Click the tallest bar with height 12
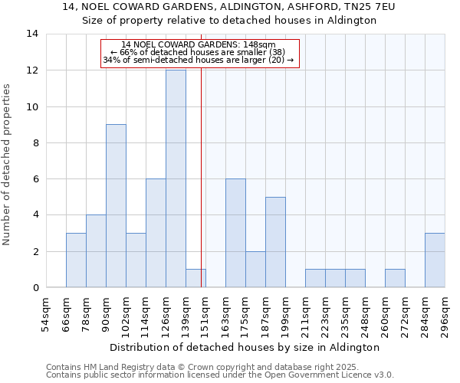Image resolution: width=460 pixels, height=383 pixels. coord(176,178)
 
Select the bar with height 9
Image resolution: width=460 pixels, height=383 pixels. coord(116,205)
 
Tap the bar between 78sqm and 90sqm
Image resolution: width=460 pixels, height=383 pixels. coord(96,250)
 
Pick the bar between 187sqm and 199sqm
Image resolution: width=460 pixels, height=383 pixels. coord(275,242)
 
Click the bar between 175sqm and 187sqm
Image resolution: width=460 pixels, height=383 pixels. coord(255,269)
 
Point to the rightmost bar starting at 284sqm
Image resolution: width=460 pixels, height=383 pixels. coord(435,260)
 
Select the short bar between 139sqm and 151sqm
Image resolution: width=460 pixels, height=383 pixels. coord(195,278)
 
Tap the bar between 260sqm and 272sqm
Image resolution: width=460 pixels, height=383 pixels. coord(395,278)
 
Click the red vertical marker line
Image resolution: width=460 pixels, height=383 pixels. coord(201,191)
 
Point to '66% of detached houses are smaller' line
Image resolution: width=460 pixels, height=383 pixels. coord(199,53)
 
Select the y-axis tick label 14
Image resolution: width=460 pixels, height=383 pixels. coord(32,34)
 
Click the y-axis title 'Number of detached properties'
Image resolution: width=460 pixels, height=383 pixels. coord(8,165)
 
